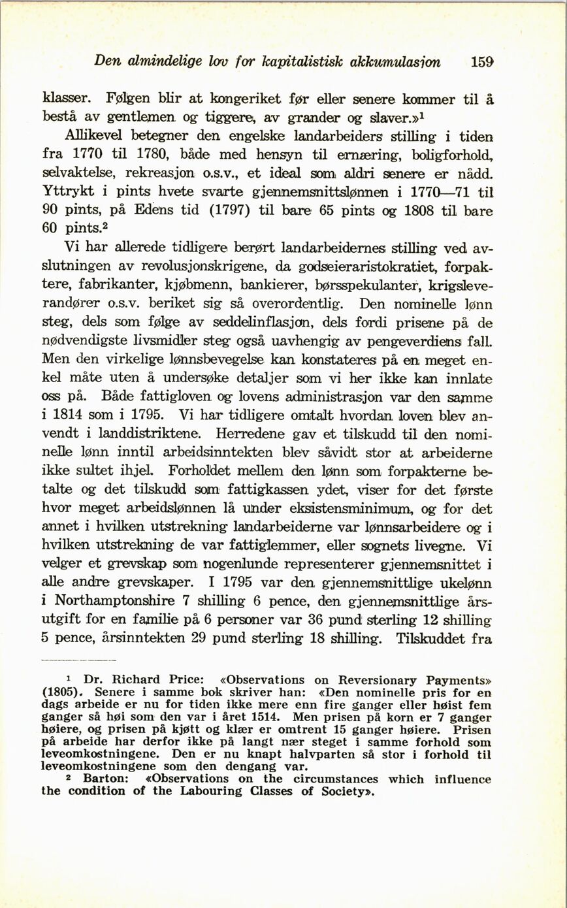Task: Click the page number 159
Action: tap(481, 63)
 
